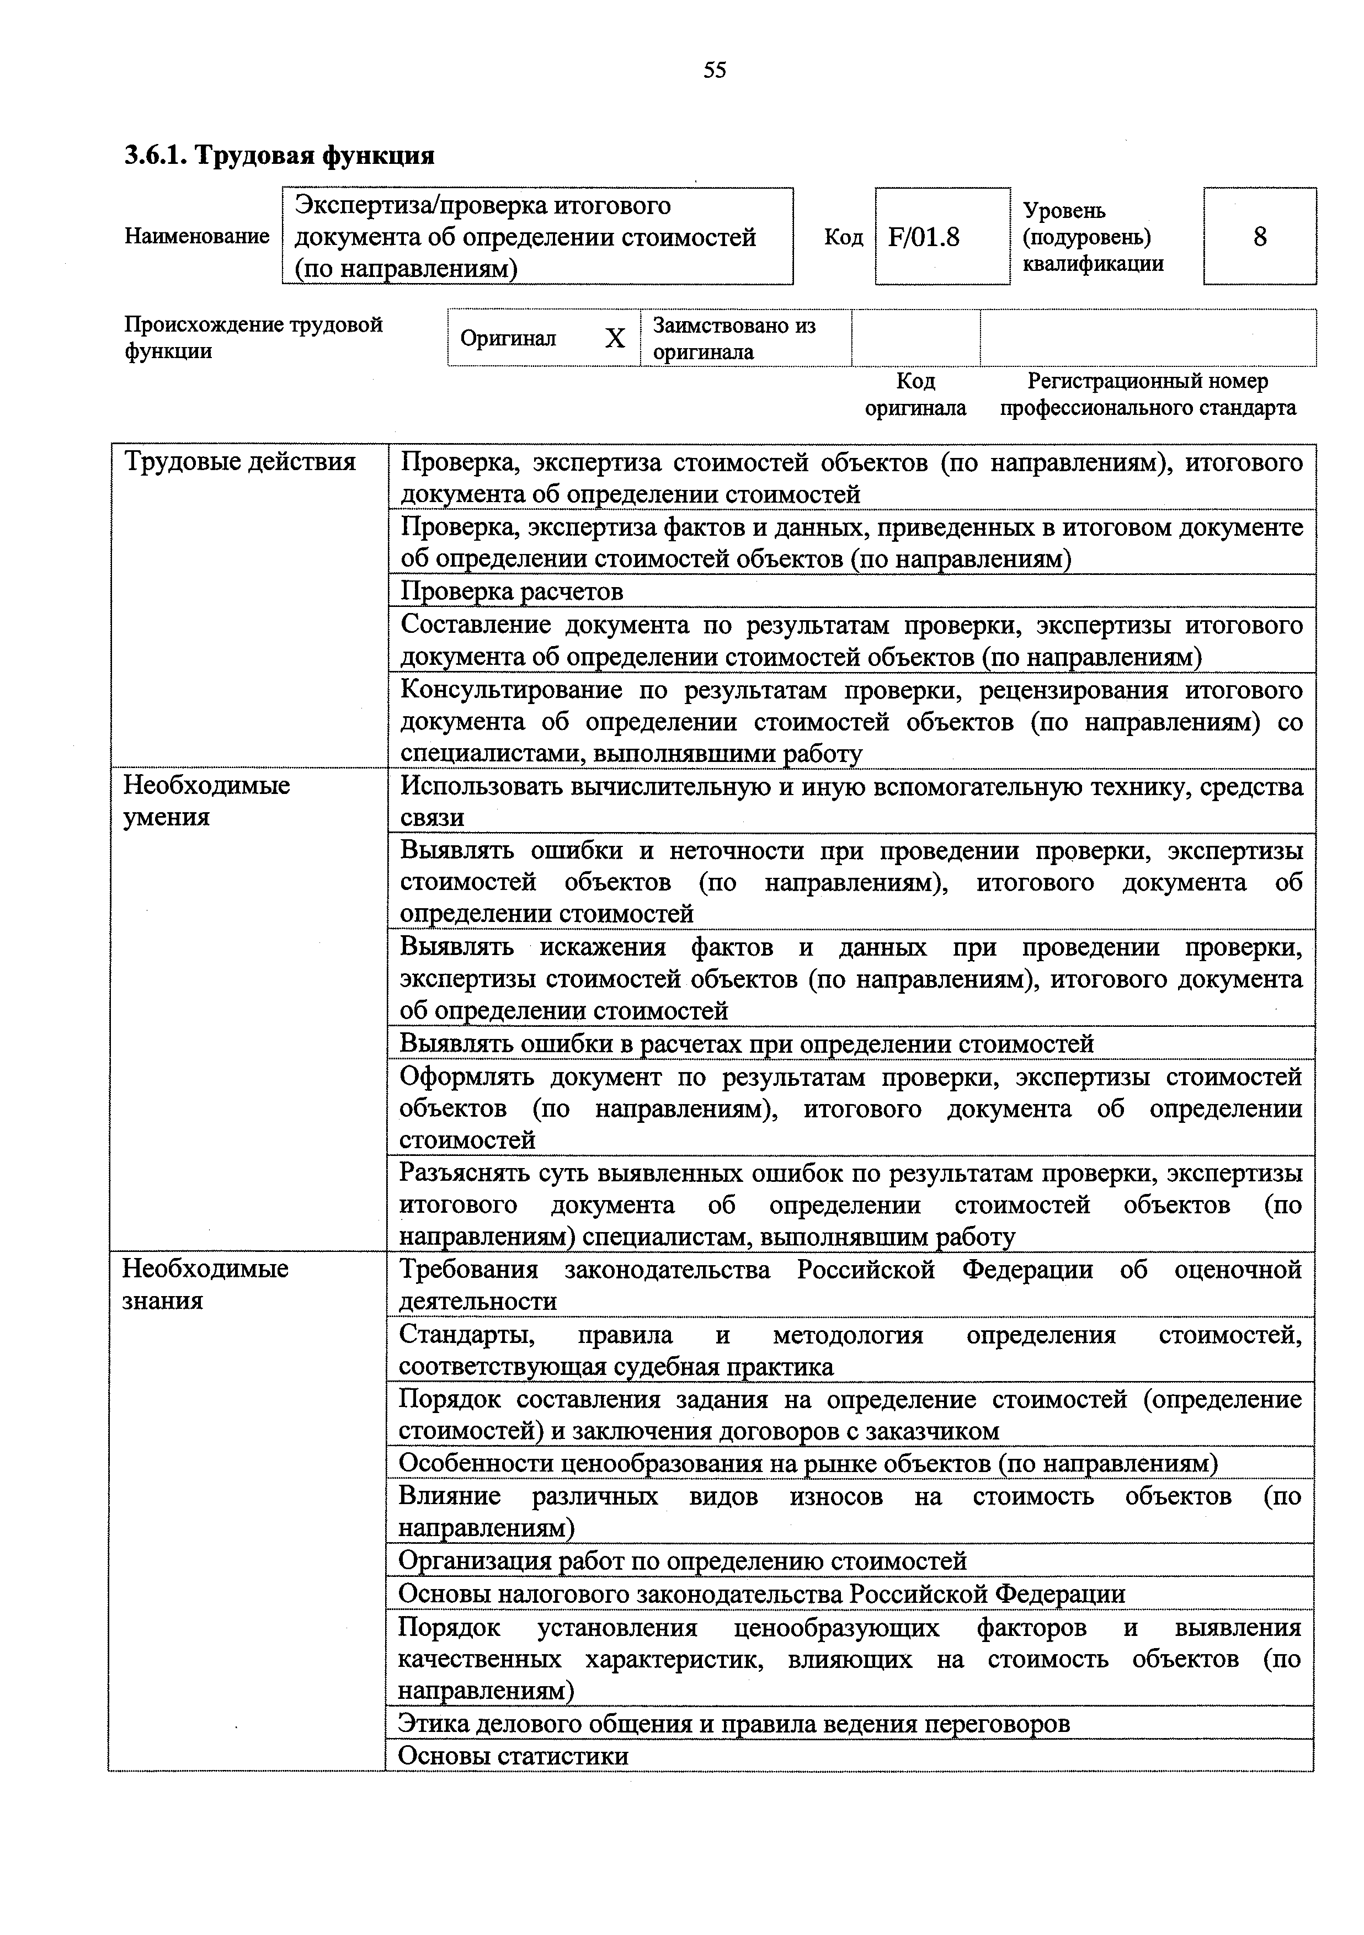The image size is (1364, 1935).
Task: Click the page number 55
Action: click(x=714, y=70)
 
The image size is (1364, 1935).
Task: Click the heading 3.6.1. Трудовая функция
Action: click(x=279, y=156)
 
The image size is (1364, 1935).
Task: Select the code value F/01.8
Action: click(x=924, y=237)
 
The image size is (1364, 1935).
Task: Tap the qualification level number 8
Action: click(x=1260, y=237)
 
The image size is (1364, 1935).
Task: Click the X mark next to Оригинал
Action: click(x=615, y=339)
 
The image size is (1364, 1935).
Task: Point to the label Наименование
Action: click(x=196, y=237)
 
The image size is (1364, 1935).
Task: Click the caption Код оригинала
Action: click(x=915, y=395)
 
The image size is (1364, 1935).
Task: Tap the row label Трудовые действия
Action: click(x=239, y=462)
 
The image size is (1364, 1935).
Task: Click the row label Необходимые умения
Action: click(x=206, y=801)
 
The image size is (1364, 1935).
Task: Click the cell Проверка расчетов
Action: click(x=512, y=591)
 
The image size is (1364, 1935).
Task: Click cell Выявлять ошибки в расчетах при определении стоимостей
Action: click(x=746, y=1043)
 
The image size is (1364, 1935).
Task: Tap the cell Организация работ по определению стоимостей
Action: click(x=682, y=1561)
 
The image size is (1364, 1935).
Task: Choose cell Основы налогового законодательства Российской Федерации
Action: click(x=761, y=1593)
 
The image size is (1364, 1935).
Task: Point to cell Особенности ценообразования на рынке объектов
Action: click(x=808, y=1464)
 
